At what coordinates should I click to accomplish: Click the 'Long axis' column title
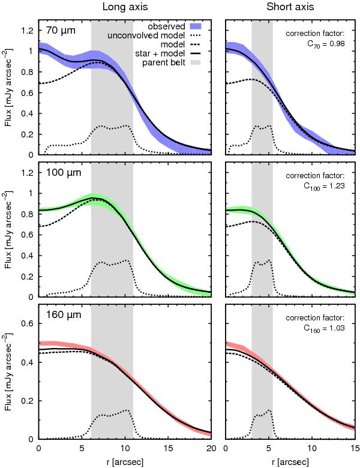tap(125, 7)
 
